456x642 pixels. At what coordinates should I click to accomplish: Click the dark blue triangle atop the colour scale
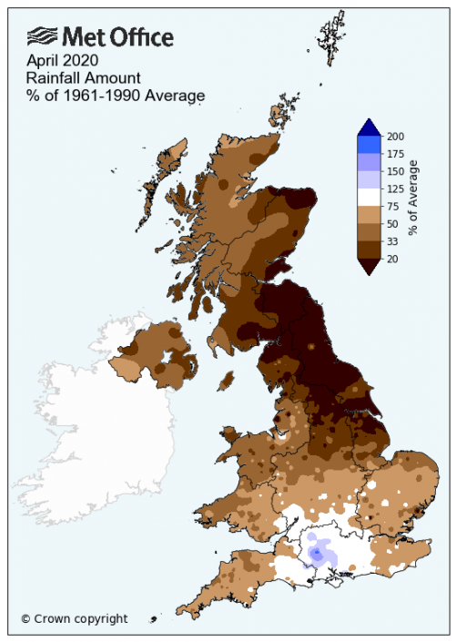click(370, 127)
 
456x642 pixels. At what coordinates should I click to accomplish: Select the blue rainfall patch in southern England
click(317, 554)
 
